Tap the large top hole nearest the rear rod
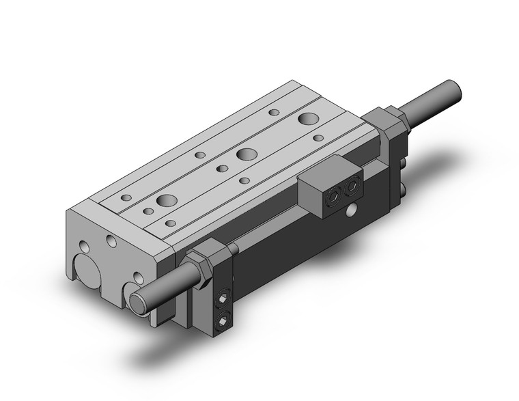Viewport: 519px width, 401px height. (x=307, y=119)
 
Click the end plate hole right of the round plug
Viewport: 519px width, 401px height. (x=138, y=277)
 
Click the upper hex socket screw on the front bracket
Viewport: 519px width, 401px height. (x=224, y=299)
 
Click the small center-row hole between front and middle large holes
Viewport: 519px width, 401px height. (x=221, y=167)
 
